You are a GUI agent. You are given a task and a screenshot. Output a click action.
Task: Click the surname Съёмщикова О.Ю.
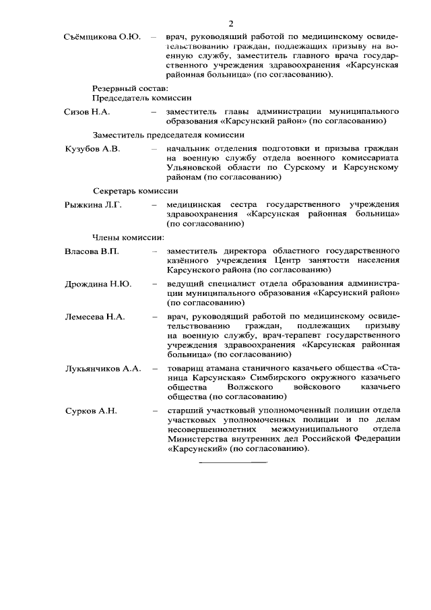102,36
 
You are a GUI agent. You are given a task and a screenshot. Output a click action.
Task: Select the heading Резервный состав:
129,88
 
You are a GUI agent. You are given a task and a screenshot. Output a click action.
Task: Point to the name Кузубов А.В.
92,149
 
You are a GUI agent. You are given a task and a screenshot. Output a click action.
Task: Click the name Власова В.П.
92,251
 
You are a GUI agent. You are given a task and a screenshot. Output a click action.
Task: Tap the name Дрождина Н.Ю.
98,284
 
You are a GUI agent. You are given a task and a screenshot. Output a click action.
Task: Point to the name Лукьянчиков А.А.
102,369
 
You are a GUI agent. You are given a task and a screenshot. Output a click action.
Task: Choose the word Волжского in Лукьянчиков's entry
237,388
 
